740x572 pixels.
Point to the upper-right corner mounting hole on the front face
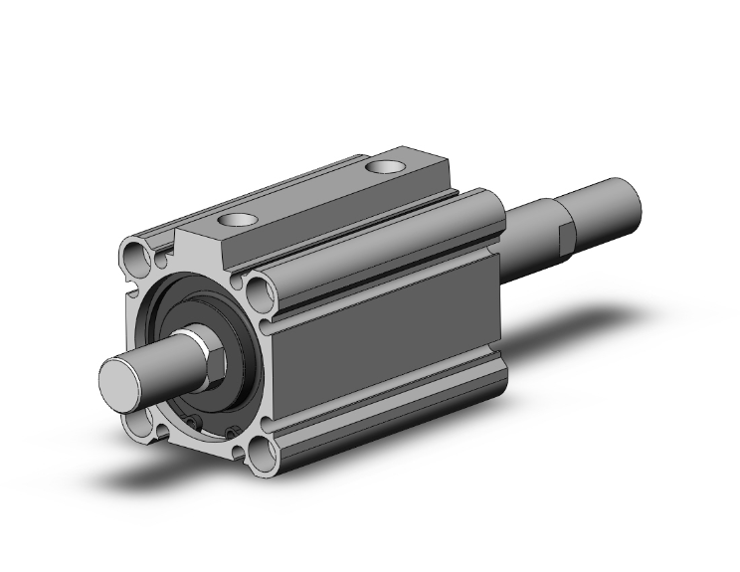point(261,292)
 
